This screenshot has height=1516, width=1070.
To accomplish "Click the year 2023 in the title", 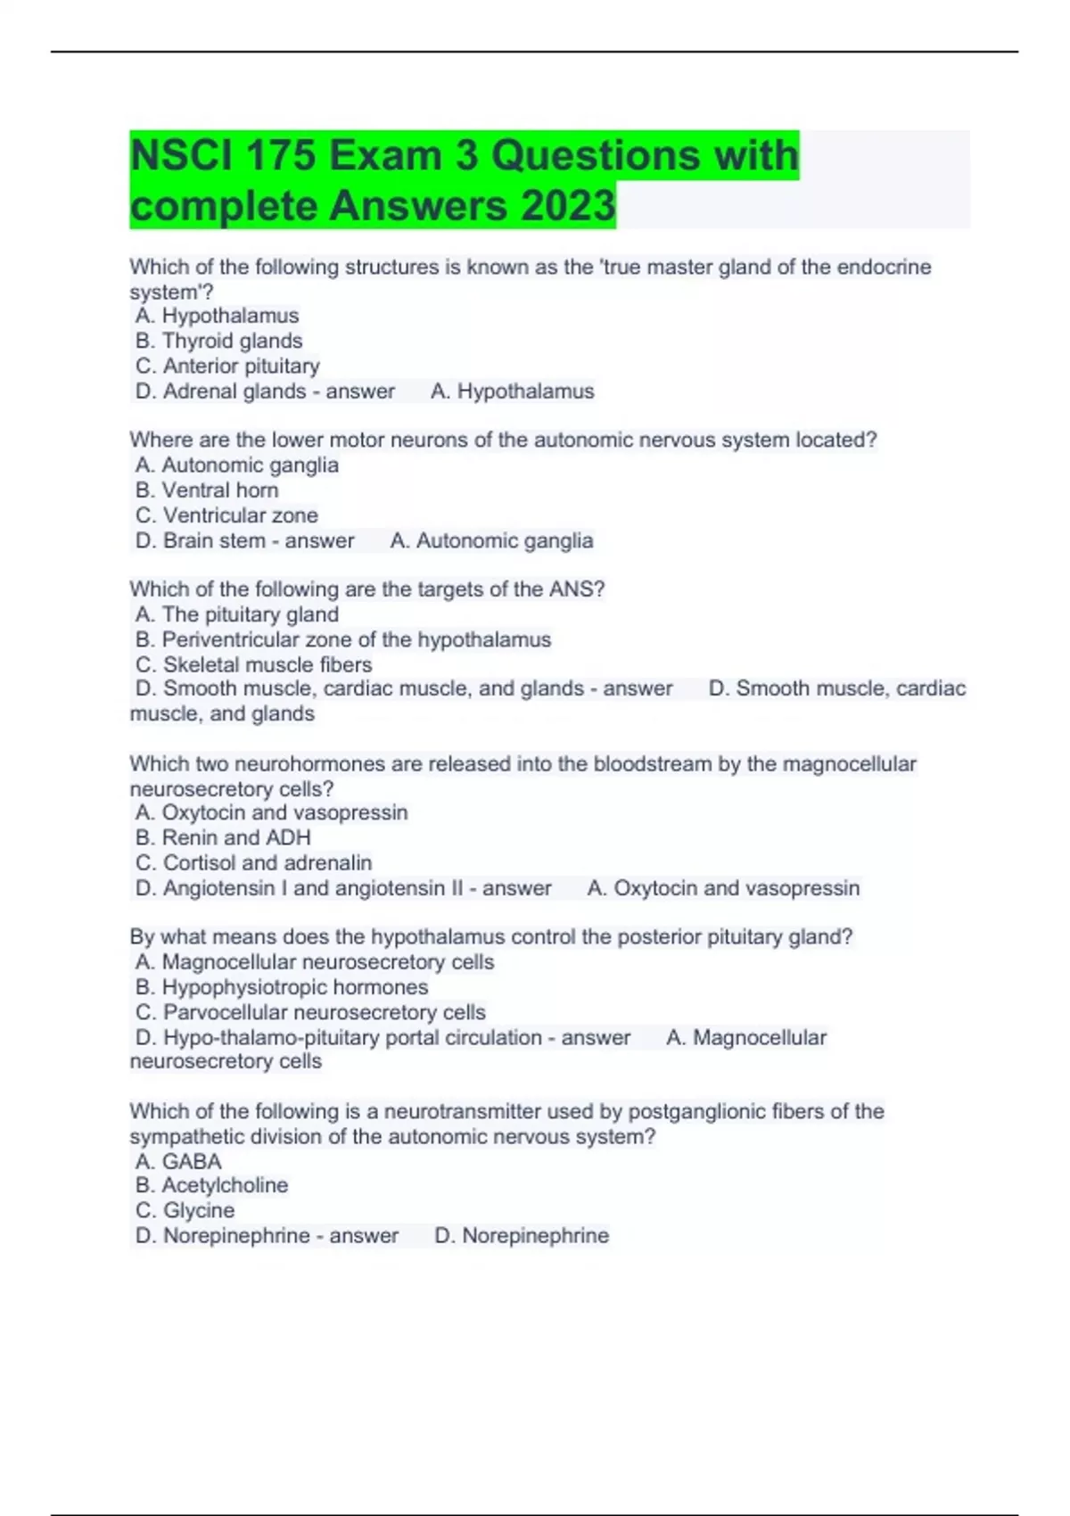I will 568,206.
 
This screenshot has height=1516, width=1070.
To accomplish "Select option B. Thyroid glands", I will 218,341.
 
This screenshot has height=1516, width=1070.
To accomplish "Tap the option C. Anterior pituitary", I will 227,366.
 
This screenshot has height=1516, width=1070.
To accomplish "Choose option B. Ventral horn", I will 207,490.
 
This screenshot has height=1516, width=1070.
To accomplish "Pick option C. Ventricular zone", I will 226,515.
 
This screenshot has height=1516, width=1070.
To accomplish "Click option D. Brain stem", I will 203,540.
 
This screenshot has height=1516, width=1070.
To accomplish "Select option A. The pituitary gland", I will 237,614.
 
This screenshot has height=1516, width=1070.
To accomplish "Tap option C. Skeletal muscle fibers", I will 253,664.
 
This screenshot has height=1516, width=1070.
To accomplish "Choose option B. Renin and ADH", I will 223,837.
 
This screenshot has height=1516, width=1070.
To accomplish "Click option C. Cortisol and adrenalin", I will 253,862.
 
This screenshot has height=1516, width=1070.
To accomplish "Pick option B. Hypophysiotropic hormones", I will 282,987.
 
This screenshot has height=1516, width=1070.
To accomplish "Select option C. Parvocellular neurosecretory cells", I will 310,1012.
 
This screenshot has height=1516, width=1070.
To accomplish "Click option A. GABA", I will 178,1161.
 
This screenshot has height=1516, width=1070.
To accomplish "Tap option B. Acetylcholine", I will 211,1185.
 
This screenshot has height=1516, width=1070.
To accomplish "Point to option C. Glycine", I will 185,1210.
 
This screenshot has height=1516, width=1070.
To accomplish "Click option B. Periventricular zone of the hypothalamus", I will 343,639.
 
